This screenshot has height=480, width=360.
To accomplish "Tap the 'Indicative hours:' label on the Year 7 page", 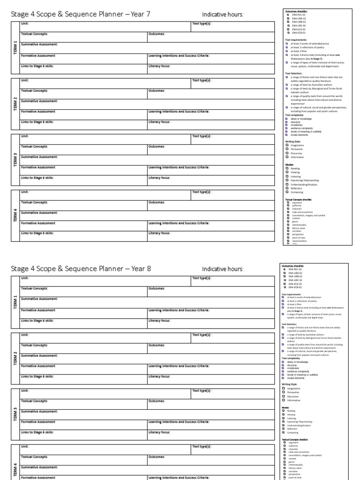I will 223,15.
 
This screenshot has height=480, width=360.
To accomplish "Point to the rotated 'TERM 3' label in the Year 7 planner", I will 15,159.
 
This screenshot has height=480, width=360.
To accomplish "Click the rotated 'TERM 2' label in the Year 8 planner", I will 15,356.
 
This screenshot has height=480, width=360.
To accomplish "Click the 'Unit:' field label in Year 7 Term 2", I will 25,80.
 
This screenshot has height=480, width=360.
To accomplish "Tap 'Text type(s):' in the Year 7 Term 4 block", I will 202,192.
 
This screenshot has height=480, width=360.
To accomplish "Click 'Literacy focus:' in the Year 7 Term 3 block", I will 159,178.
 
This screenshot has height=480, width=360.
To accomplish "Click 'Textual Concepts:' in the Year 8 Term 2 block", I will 34,345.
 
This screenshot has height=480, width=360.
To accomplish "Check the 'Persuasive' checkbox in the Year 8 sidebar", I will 284,392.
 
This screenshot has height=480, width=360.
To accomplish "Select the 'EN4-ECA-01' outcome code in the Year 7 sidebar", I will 288,30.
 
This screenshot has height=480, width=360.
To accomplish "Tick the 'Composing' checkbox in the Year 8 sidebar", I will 284,432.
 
